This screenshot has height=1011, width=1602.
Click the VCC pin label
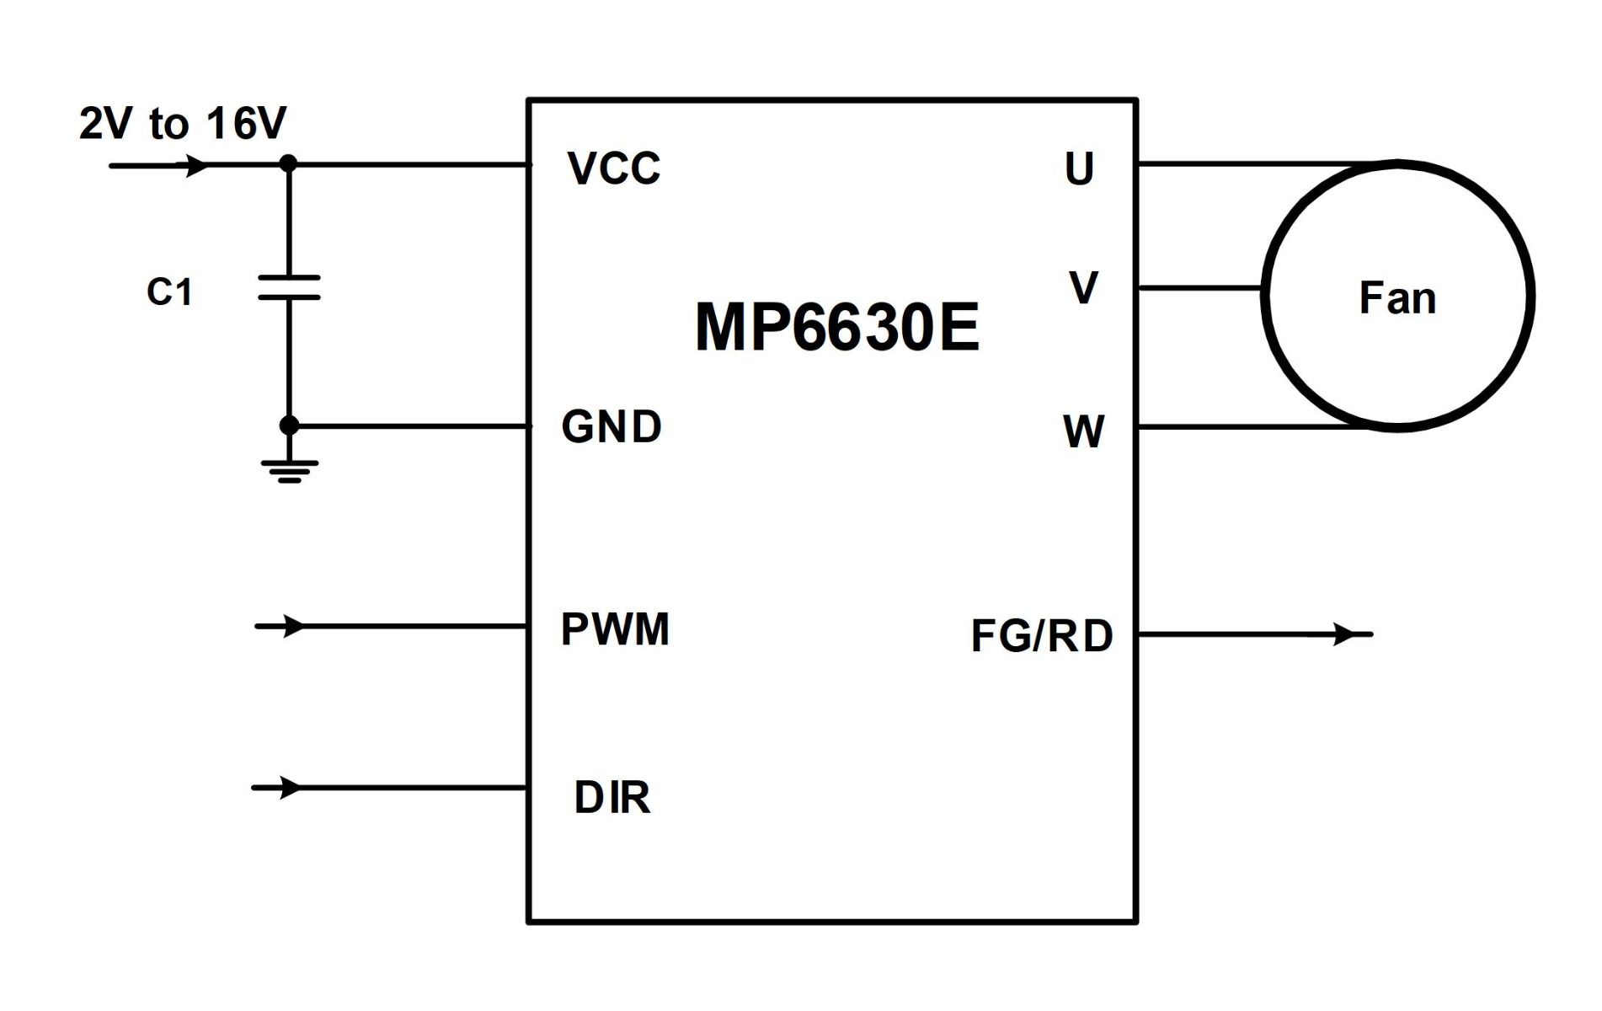[x=614, y=168]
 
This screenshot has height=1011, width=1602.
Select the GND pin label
[x=611, y=426]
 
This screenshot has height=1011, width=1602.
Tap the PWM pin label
[x=615, y=629]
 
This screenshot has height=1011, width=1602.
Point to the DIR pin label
[x=612, y=798]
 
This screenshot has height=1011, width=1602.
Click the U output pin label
[x=1080, y=168]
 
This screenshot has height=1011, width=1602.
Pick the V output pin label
[x=1083, y=287]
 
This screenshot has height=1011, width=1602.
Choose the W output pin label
[x=1084, y=431]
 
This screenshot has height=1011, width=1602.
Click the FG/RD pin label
[x=1042, y=636]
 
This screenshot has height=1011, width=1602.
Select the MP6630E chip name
[x=837, y=327]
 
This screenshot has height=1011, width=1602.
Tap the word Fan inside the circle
[x=1397, y=298]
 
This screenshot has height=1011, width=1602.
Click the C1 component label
[x=169, y=292]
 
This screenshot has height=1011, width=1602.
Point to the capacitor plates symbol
[x=289, y=287]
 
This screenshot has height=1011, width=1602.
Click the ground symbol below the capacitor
[x=289, y=471]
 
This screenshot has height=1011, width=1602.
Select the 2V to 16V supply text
[x=183, y=123]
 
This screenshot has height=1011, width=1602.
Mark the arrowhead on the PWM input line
[x=293, y=626]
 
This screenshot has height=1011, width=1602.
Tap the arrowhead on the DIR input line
[x=290, y=788]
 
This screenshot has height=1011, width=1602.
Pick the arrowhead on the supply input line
[x=197, y=165]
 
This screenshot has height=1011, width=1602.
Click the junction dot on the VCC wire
[x=288, y=163]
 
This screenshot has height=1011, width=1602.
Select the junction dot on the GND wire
[x=289, y=425]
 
